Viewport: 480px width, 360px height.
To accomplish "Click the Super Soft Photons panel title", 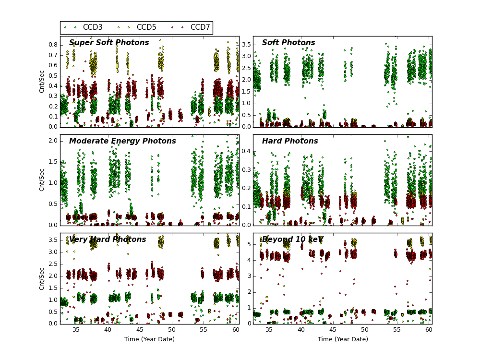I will pos(109,43).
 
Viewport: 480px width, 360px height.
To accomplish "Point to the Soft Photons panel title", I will pos(288,43).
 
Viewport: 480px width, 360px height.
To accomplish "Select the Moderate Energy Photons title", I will pos(122,141).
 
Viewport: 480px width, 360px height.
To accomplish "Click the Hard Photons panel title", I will pos(290,141).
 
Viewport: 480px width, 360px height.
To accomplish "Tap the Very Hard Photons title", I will pos(108,240).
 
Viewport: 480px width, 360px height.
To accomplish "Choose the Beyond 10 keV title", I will pos(293,240).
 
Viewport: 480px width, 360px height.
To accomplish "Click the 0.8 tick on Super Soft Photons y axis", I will pos(53,45).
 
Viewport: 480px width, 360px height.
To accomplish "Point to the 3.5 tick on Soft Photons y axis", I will pos(245,45).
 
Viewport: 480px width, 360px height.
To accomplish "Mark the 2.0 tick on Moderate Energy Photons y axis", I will pos(53,141).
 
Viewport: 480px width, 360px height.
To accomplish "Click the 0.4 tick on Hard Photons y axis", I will pos(245,151).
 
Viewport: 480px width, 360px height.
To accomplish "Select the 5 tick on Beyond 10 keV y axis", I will pos(248,244).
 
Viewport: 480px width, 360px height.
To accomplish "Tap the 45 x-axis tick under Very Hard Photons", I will pos(140,330).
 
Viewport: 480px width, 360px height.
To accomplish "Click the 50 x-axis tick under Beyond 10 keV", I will pos(365,330).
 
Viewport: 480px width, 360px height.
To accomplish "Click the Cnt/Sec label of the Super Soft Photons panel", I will pos(42,82).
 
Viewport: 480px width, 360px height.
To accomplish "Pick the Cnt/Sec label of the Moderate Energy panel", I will pos(42,180).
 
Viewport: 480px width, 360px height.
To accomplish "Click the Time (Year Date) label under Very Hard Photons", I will pos(149,339).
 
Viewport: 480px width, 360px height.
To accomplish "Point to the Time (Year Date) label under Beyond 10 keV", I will pos(343,339).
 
